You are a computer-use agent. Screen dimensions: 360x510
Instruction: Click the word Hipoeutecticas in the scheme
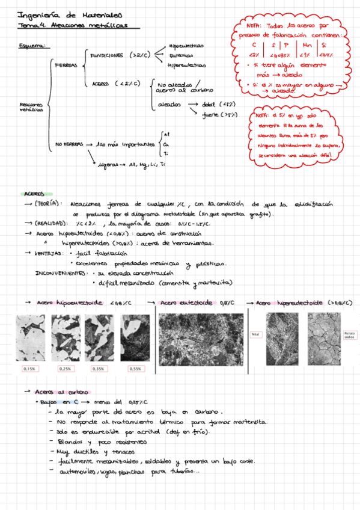pos(186,46)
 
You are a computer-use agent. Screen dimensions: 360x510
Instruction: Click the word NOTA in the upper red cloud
pos(254,26)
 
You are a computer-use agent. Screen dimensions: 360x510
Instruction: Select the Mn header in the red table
pos(308,45)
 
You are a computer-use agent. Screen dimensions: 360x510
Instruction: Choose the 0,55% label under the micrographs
pos(135,368)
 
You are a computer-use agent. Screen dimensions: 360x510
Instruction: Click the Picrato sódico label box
pos(350,334)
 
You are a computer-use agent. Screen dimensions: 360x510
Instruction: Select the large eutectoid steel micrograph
pos(201,340)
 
